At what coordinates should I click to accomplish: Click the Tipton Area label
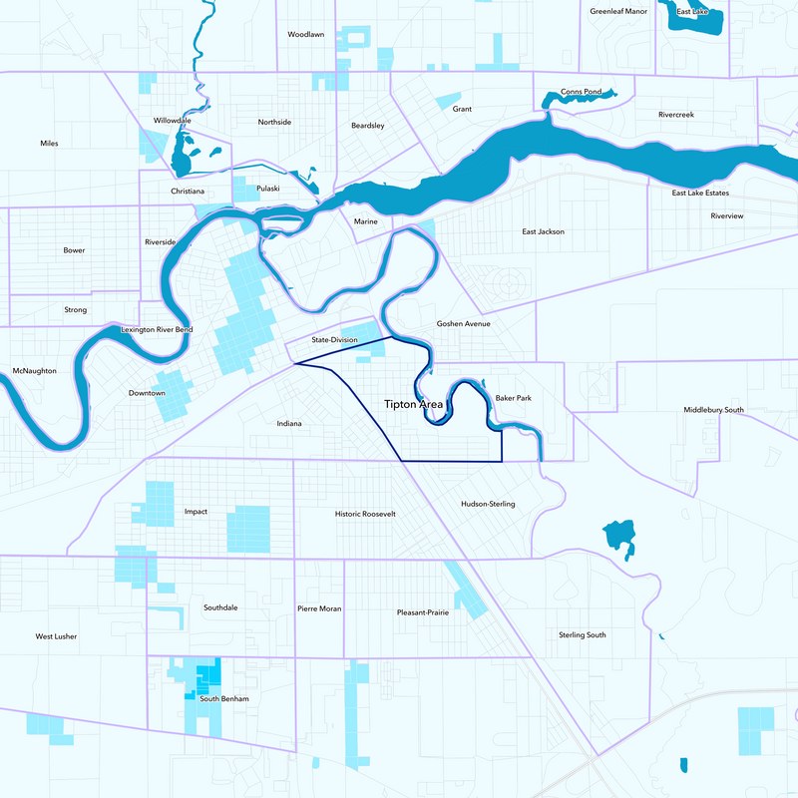click(413, 404)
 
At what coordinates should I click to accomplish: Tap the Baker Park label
click(513, 398)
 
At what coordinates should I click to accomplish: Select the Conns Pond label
click(581, 92)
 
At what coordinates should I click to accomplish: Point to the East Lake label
click(691, 12)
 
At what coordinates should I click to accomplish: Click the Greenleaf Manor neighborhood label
click(618, 12)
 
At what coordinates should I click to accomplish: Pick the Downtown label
click(147, 393)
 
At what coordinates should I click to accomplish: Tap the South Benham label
click(223, 698)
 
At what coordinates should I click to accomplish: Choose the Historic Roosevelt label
click(365, 514)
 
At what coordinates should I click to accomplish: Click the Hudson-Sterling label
click(488, 504)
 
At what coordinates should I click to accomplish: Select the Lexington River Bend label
click(157, 329)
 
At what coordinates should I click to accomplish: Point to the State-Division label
click(334, 340)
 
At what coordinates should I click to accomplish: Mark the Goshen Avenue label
click(463, 324)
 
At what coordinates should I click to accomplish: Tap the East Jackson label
click(543, 231)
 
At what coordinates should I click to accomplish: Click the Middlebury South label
click(713, 410)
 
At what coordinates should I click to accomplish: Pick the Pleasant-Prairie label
click(422, 612)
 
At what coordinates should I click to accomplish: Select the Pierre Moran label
click(319, 608)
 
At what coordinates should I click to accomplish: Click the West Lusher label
click(56, 635)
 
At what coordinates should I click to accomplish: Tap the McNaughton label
click(35, 371)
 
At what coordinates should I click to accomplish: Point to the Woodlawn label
click(306, 34)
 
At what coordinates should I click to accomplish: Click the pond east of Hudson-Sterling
click(619, 537)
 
